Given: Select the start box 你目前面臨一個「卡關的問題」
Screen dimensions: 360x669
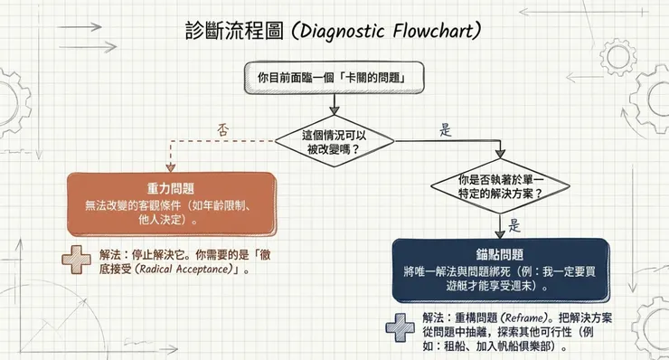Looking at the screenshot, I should pos(334,79).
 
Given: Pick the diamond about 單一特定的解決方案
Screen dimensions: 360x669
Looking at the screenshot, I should pos(500,186).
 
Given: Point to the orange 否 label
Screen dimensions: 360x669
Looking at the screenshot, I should pos(223,129).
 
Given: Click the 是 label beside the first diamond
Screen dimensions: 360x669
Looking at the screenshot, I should pos(445,129).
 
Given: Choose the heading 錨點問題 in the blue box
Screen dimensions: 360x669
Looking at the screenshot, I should pos(499,255).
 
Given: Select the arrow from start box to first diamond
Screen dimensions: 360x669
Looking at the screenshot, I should pos(334,105).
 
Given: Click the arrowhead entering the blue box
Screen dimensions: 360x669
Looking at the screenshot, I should pos(500,232).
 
